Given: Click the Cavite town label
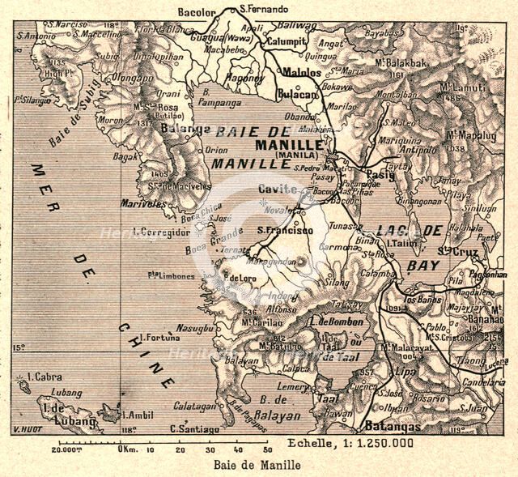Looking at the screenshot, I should click(x=273, y=188).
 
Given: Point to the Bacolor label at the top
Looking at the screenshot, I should click(x=198, y=12).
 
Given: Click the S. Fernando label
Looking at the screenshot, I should click(x=263, y=9).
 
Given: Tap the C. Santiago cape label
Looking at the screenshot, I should click(x=195, y=428).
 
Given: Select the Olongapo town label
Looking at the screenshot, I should click(x=132, y=79).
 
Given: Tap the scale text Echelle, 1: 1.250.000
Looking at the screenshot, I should click(x=350, y=443).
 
